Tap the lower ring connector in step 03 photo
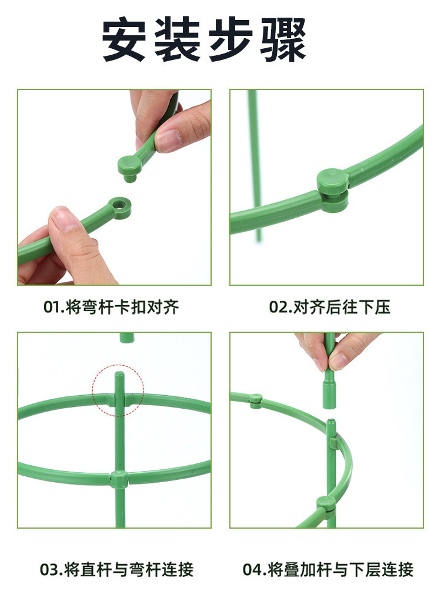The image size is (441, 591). coord(118,479)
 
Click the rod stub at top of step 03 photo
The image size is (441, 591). coord(126,338)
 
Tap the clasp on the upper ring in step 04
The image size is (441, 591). coord(256,400)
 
